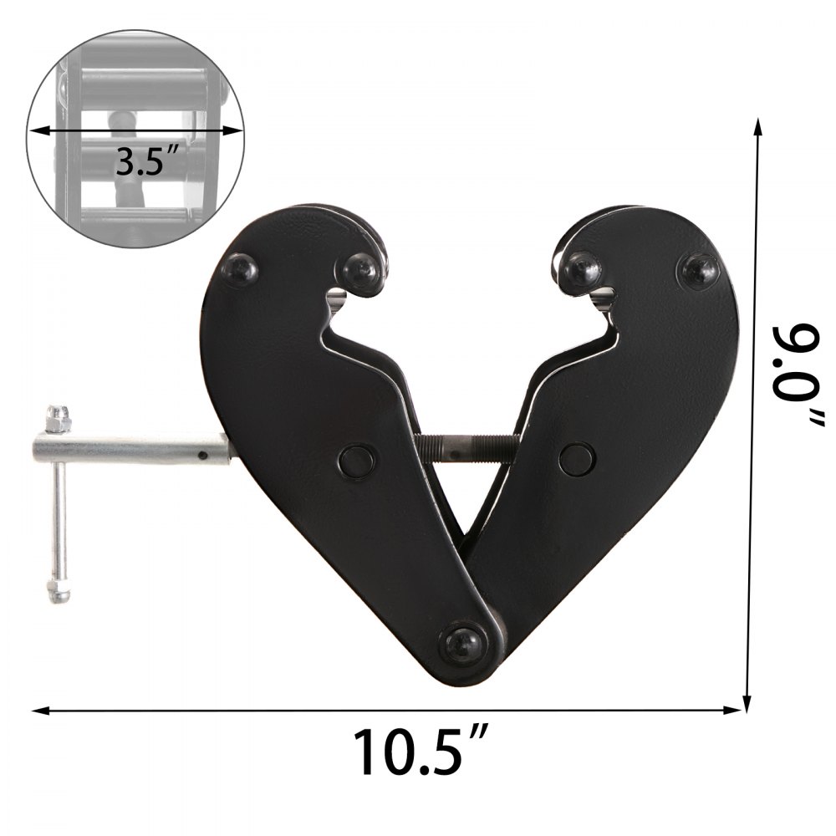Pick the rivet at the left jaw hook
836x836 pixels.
pos(361,269)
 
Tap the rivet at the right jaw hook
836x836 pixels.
pos(583,269)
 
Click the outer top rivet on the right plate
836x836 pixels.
pos(700,269)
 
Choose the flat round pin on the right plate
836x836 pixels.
pos(577,457)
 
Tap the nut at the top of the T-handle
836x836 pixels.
pos(57,414)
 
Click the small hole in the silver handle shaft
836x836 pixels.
pos(202,456)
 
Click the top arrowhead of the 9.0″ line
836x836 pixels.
pos(758,125)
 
